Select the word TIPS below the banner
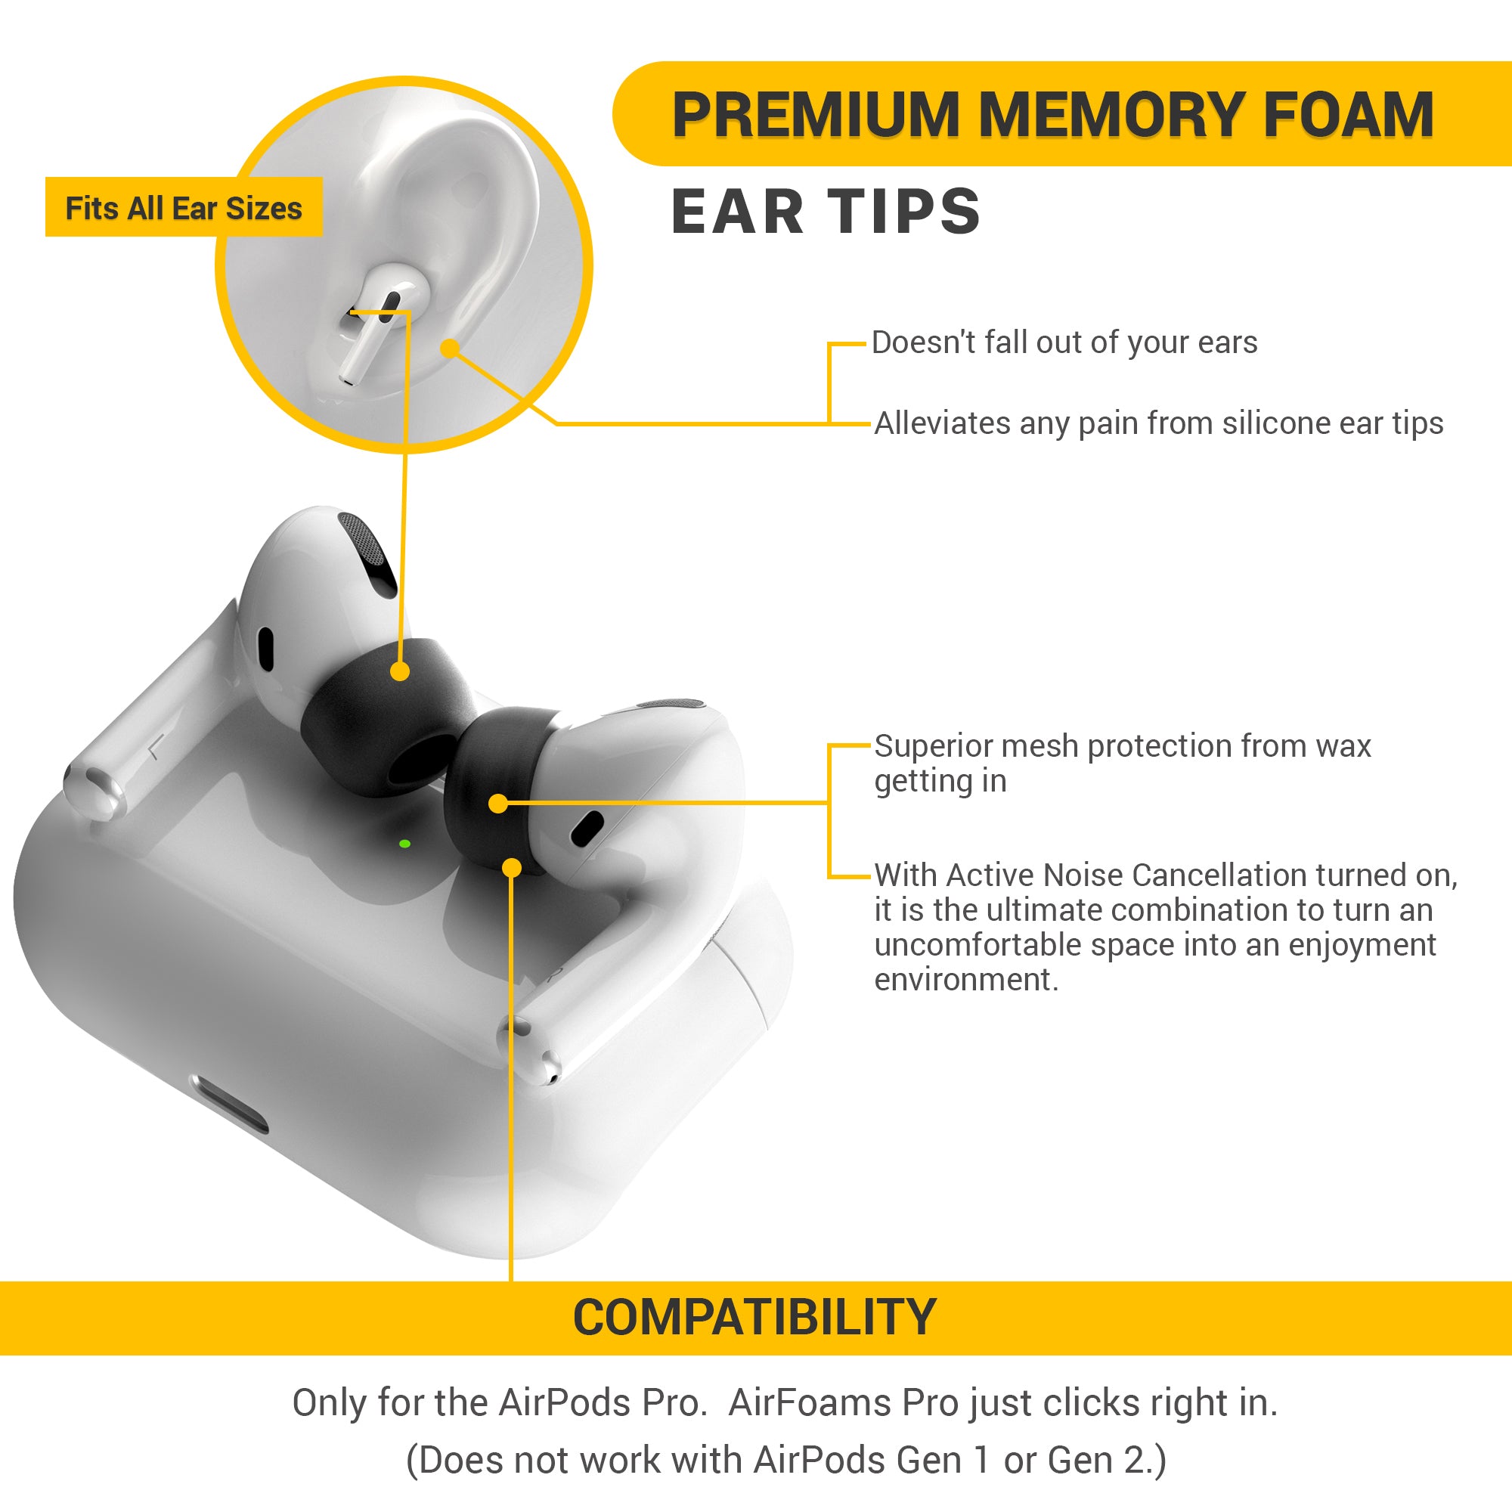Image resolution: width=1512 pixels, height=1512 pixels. coord(904,212)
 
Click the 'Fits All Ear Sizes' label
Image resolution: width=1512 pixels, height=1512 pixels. coord(184,208)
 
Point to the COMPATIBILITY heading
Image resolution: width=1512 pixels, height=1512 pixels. coord(755,1317)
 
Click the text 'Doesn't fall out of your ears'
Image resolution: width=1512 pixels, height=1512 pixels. coord(1064,342)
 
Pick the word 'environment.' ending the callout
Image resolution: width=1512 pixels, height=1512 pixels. coord(965,980)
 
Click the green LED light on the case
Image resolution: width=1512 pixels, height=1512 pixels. coord(404,844)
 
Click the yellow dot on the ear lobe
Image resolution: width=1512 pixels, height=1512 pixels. coord(449,349)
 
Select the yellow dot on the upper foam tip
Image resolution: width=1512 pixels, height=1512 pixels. coord(400,671)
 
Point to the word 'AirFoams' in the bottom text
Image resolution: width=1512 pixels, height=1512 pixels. coord(810,1403)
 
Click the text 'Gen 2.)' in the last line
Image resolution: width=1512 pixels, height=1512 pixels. coord(1107,1461)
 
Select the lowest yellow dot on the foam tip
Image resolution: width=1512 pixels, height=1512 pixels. coord(512,867)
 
